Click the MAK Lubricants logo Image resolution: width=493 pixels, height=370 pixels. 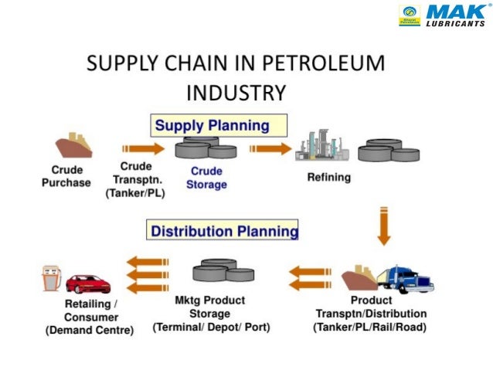[441, 15]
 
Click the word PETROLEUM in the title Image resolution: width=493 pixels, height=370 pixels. [328, 63]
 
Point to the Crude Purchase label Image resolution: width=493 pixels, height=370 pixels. [66, 176]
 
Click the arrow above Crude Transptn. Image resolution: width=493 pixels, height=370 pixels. [143, 148]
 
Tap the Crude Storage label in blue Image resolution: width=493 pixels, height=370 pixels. [207, 178]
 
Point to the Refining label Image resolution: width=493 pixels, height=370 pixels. [328, 177]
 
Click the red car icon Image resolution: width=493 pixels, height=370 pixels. [87, 283]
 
